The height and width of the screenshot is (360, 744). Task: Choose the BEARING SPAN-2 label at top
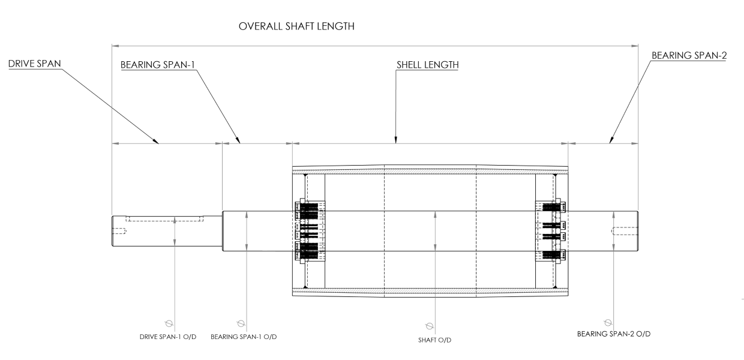tap(689, 55)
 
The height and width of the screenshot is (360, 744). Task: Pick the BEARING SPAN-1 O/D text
tap(244, 336)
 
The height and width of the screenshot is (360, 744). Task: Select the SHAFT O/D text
tap(434, 340)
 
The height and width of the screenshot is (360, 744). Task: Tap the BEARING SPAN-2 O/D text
tap(610, 334)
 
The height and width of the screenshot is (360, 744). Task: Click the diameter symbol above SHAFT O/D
tap(429, 326)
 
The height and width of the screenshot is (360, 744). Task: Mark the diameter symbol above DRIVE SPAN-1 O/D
tap(169, 322)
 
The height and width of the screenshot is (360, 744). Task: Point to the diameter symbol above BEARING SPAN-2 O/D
tap(608, 322)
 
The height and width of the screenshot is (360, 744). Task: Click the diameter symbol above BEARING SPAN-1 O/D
tap(241, 322)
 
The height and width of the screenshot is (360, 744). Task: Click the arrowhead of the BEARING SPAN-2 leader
tap(610, 142)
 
